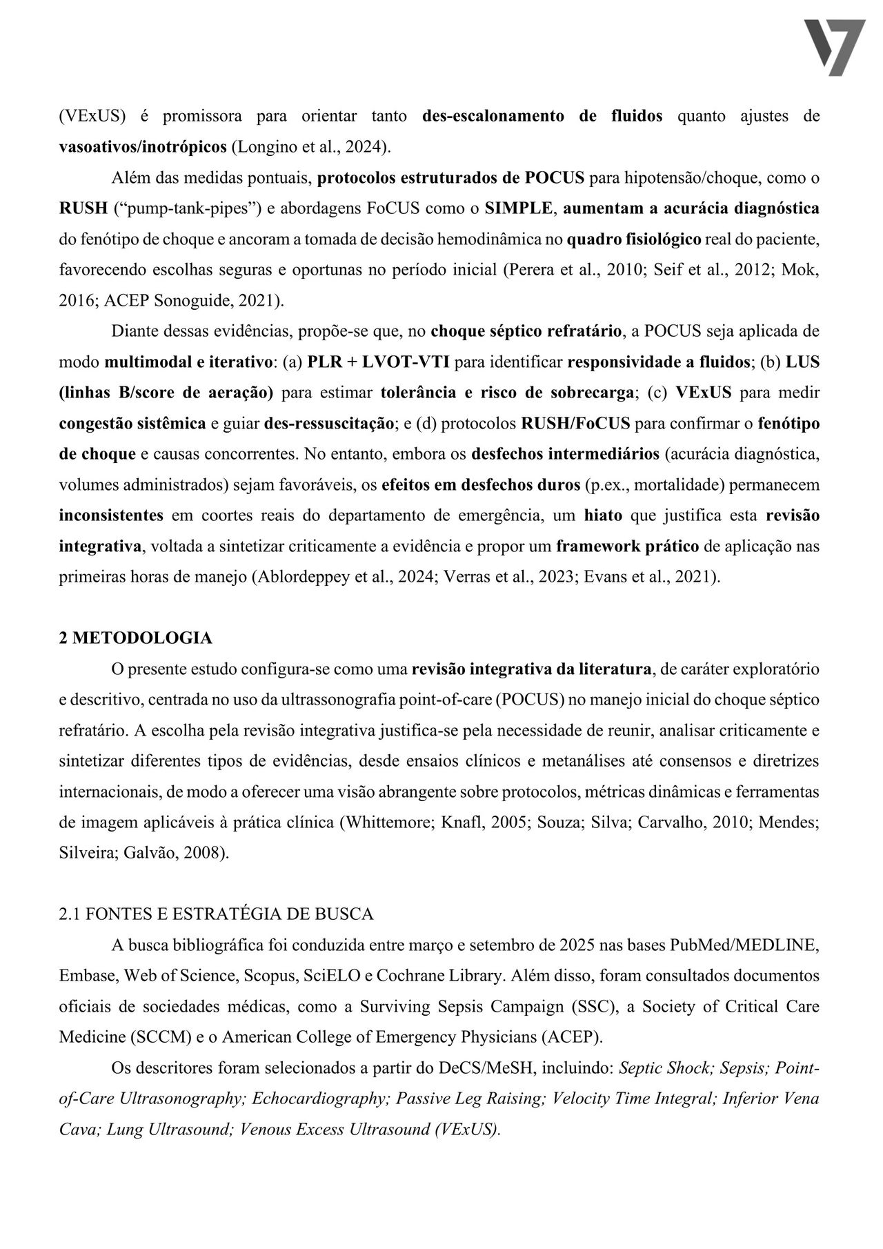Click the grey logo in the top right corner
click(x=835, y=47)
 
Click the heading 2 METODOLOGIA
click(x=135, y=638)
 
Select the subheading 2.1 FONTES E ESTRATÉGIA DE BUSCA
click(x=216, y=914)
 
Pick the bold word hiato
click(x=604, y=515)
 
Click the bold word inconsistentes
click(x=111, y=515)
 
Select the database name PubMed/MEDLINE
click(x=744, y=945)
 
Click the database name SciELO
click(x=331, y=976)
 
